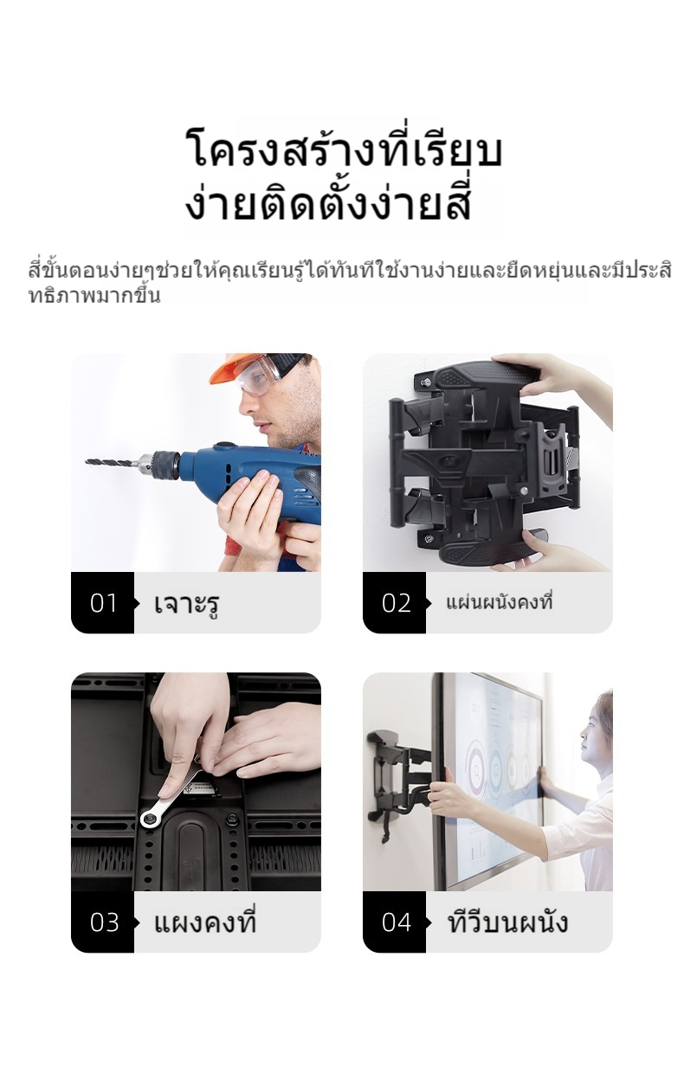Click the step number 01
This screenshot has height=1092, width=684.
(103, 603)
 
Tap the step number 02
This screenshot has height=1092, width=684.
(396, 603)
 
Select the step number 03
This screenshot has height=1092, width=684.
(104, 922)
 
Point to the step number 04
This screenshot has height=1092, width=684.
(397, 922)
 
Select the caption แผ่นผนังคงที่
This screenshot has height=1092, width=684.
(499, 602)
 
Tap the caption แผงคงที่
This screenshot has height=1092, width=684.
(205, 921)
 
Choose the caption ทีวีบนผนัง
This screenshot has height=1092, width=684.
(508, 921)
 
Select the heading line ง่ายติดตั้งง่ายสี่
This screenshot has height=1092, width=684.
(327, 202)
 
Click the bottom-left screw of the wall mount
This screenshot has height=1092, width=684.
(429, 538)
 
